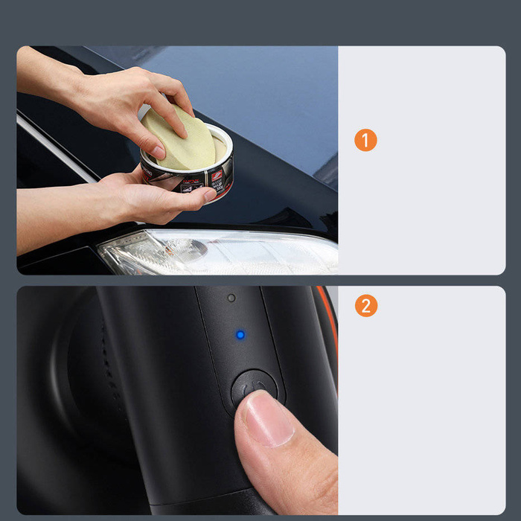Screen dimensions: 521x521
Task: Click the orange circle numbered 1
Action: (x=365, y=140)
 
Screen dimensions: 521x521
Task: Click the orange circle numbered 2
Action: (x=365, y=306)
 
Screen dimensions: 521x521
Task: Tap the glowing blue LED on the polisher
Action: (x=240, y=335)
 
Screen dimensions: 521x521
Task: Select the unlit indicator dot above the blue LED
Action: (x=231, y=298)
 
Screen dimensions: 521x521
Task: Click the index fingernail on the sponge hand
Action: (x=159, y=152)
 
